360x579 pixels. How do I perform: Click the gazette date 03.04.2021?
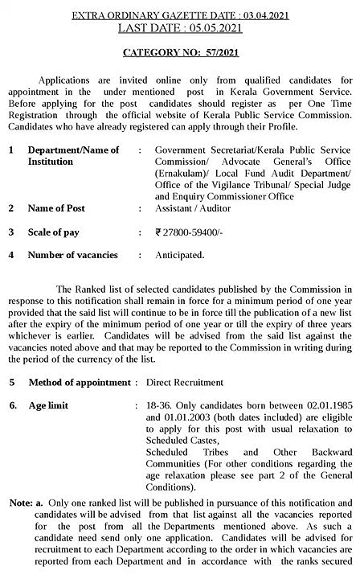(x=261, y=15)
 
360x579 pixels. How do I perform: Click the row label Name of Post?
(x=56, y=208)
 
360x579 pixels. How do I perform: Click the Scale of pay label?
(x=56, y=232)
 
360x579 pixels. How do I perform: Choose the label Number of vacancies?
(x=72, y=256)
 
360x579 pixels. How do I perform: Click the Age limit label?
(x=50, y=406)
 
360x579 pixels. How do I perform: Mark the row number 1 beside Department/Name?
(x=12, y=150)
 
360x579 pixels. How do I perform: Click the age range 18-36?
(x=161, y=406)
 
